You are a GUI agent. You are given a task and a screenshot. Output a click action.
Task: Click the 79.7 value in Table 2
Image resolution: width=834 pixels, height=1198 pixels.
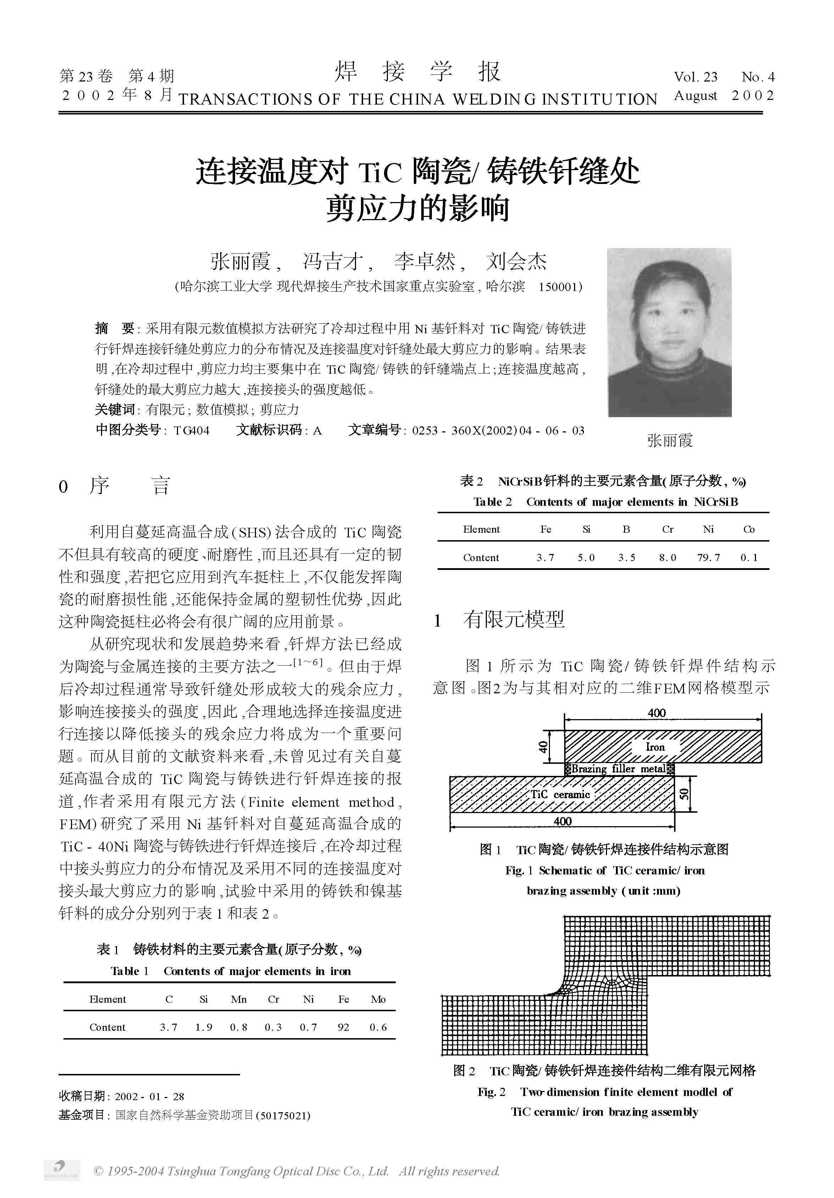(x=708, y=557)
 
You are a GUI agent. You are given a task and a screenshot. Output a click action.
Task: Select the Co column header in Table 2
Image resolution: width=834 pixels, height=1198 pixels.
(x=749, y=529)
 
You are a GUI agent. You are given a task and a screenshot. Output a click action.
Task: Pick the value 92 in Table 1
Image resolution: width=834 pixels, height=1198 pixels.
(x=343, y=1027)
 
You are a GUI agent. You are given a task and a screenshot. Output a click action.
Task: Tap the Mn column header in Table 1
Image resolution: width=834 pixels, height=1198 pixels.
(x=239, y=999)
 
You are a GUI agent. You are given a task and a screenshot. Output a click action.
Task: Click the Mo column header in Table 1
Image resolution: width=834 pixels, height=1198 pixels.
(x=378, y=999)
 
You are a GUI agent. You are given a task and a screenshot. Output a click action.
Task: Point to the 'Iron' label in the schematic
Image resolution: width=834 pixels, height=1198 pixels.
(x=655, y=747)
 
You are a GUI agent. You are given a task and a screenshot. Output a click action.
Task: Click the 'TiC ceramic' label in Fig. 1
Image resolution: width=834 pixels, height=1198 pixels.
(x=560, y=794)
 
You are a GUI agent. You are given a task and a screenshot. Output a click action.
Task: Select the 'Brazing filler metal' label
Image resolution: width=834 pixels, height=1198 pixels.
(x=618, y=768)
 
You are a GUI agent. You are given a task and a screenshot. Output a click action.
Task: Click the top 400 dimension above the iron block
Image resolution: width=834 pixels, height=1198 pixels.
(x=657, y=713)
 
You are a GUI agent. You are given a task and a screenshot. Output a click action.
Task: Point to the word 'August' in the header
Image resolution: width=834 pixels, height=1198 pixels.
(x=695, y=96)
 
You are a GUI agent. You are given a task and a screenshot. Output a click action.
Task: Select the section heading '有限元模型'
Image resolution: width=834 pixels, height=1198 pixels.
(x=514, y=619)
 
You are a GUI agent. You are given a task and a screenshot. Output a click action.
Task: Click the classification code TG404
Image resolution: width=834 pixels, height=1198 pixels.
(x=191, y=431)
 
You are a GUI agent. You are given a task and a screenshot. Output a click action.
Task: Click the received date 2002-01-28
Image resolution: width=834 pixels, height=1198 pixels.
(x=149, y=1096)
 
